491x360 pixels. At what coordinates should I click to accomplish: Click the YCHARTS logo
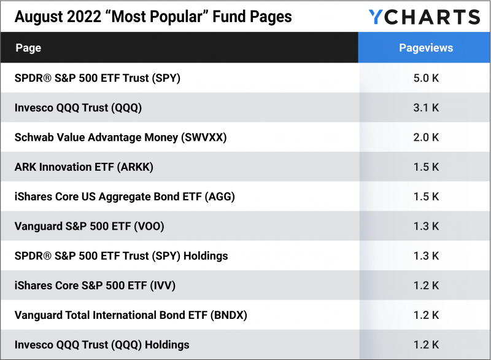pyautogui.click(x=424, y=17)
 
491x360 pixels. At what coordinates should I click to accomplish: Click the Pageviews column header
pyautogui.click(x=425, y=48)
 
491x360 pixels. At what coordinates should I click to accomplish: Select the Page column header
pyautogui.click(x=28, y=48)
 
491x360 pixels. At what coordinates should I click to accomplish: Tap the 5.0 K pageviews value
pyautogui.click(x=425, y=78)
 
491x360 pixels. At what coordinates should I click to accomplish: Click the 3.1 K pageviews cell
pyautogui.click(x=425, y=108)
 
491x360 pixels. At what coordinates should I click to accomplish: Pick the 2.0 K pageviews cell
pyautogui.click(x=425, y=137)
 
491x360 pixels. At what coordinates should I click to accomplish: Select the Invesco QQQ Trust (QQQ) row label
pyautogui.click(x=78, y=108)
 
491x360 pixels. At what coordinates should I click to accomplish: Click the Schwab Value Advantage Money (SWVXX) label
pyautogui.click(x=120, y=137)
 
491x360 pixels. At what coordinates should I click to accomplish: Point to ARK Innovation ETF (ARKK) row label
pyautogui.click(x=83, y=167)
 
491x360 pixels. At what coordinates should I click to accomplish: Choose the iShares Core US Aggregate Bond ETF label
pyautogui.click(x=125, y=197)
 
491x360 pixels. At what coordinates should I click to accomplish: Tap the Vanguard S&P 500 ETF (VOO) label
pyautogui.click(x=89, y=226)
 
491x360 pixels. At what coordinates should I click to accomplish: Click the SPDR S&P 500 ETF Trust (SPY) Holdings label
pyautogui.click(x=121, y=256)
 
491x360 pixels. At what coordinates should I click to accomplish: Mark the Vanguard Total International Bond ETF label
pyautogui.click(x=131, y=315)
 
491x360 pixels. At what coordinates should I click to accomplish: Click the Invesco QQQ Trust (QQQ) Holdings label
pyautogui.click(x=102, y=345)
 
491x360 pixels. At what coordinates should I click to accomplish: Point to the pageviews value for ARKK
pyautogui.click(x=425, y=167)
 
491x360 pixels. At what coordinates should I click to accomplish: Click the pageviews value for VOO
pyautogui.click(x=425, y=226)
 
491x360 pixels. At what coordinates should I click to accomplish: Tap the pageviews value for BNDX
pyautogui.click(x=425, y=315)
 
